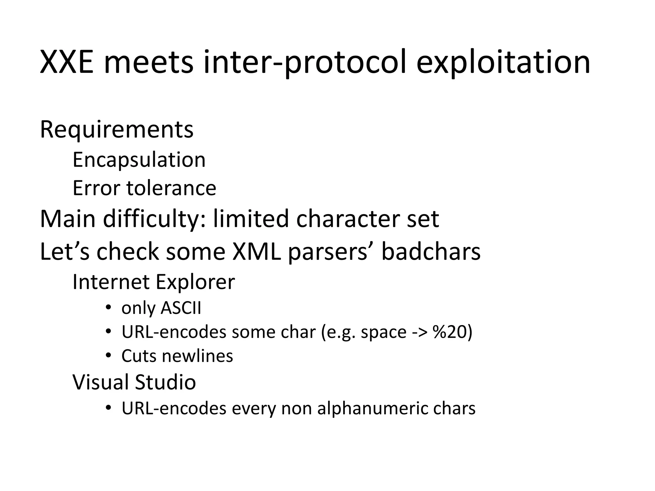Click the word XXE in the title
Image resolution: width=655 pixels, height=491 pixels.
click(67, 62)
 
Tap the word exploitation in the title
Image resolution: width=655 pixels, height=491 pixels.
click(503, 62)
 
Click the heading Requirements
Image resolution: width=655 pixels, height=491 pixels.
click(117, 129)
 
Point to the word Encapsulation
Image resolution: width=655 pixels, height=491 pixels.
click(139, 160)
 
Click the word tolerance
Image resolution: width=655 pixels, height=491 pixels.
click(171, 188)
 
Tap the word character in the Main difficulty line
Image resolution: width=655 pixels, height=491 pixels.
click(348, 219)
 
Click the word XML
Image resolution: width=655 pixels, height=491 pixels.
click(256, 252)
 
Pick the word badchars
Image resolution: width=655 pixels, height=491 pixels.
click(431, 252)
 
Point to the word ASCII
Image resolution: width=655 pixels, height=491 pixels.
click(181, 308)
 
